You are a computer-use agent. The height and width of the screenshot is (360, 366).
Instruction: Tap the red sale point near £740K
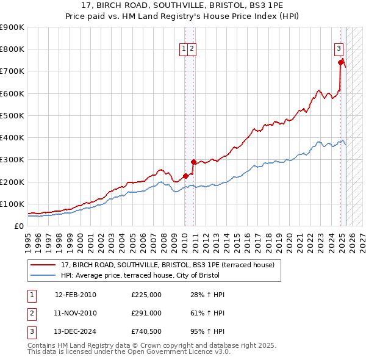(340, 62)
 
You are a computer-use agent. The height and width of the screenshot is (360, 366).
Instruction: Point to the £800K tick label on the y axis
(12, 49)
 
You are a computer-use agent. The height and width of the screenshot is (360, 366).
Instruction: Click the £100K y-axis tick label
(12, 204)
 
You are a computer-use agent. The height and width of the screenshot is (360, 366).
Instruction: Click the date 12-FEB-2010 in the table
(76, 295)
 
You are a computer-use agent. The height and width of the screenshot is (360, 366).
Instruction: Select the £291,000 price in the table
(146, 313)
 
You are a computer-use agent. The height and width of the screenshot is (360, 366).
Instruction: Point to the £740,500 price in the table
(146, 331)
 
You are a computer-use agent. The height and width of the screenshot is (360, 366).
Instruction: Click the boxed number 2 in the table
(31, 313)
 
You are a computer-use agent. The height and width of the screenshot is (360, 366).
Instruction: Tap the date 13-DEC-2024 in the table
(76, 331)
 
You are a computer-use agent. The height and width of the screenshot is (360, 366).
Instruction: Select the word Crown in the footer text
(137, 345)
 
